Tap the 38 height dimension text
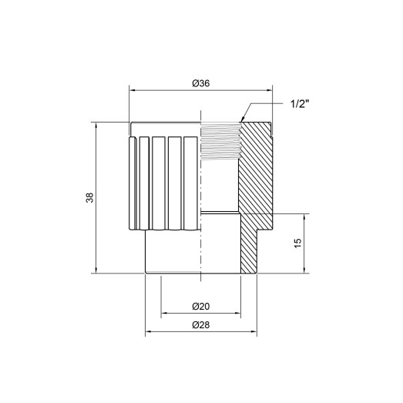pyautogui.click(x=90, y=197)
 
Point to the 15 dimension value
pyautogui.click(x=297, y=243)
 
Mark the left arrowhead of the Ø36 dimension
pyautogui.click(x=132, y=90)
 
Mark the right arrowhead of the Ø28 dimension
pyautogui.click(x=254, y=333)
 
